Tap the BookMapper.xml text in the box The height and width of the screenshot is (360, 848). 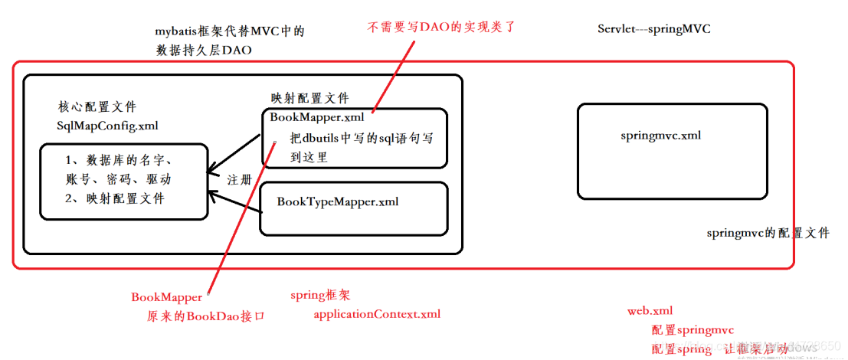pos(317,118)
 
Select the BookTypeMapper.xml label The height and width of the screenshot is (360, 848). pos(337,201)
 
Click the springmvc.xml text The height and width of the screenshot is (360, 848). pos(660,136)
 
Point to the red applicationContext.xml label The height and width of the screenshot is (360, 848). pos(377,314)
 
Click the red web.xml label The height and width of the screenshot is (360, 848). pos(650,311)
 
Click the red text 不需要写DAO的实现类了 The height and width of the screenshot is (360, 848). pos(442,27)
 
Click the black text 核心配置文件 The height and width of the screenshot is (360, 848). pos(97,107)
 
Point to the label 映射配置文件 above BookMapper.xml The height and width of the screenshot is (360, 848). pos(309,99)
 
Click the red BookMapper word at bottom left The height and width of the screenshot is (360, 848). pos(166,297)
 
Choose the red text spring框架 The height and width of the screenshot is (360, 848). pos(319,295)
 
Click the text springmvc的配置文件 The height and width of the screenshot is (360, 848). pos(768,234)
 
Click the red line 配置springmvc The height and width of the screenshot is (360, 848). pos(692,330)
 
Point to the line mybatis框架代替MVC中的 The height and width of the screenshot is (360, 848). pos(229,31)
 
